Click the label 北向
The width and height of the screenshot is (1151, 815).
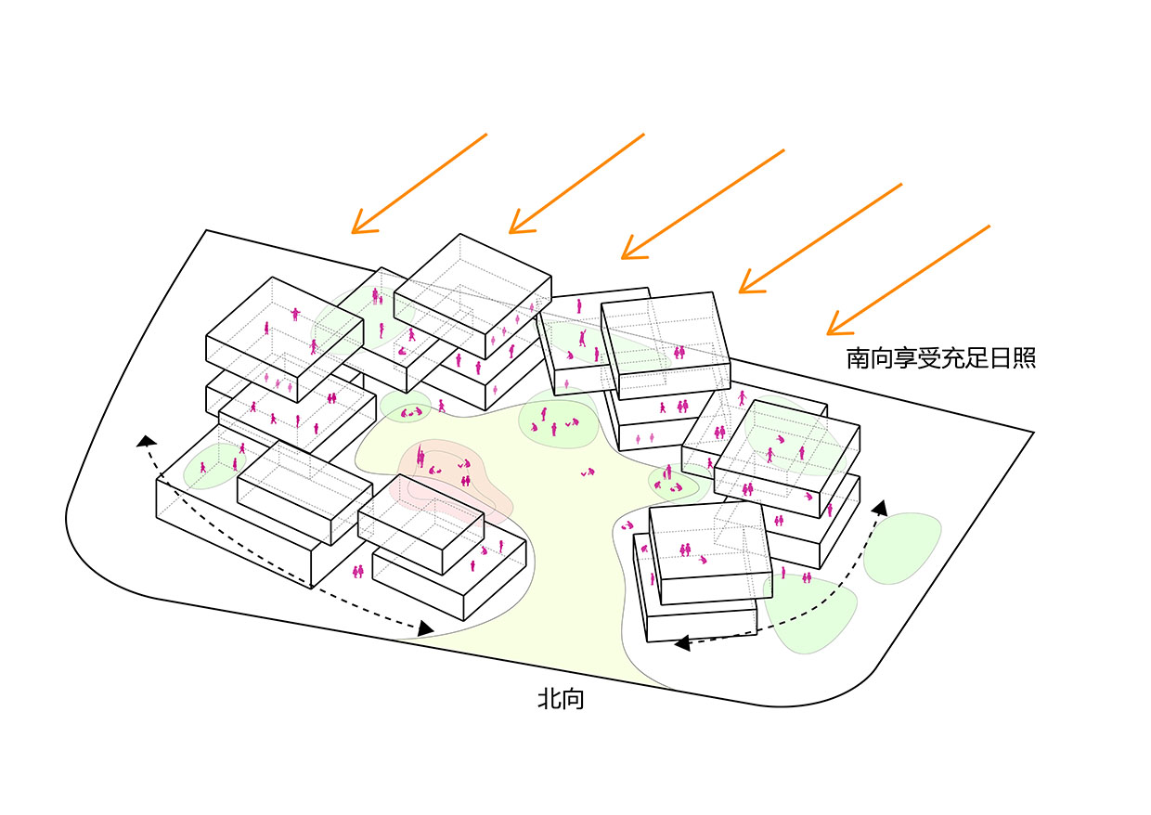tap(561, 699)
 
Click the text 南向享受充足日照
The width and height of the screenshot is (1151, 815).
tap(940, 358)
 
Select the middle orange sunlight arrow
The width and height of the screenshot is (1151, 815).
tap(703, 203)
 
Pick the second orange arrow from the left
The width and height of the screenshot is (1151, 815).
tap(576, 183)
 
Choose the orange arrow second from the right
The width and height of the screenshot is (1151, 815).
tap(821, 238)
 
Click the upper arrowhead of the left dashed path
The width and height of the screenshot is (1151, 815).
tap(144, 440)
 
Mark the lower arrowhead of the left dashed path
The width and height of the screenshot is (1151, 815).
tap(426, 629)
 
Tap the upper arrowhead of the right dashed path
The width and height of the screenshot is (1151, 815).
tap(878, 508)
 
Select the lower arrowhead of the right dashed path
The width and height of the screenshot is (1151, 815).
tap(680, 642)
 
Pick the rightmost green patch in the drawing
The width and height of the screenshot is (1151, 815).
tap(901, 549)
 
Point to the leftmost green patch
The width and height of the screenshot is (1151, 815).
tap(209, 467)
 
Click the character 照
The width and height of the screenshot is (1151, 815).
tap(1024, 358)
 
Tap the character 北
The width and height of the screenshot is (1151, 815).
tap(549, 699)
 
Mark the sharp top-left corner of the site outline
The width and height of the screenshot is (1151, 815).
tap(206, 230)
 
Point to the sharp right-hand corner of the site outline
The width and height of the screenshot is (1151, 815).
tap(1033, 433)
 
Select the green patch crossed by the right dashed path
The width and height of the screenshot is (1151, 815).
tap(810, 613)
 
